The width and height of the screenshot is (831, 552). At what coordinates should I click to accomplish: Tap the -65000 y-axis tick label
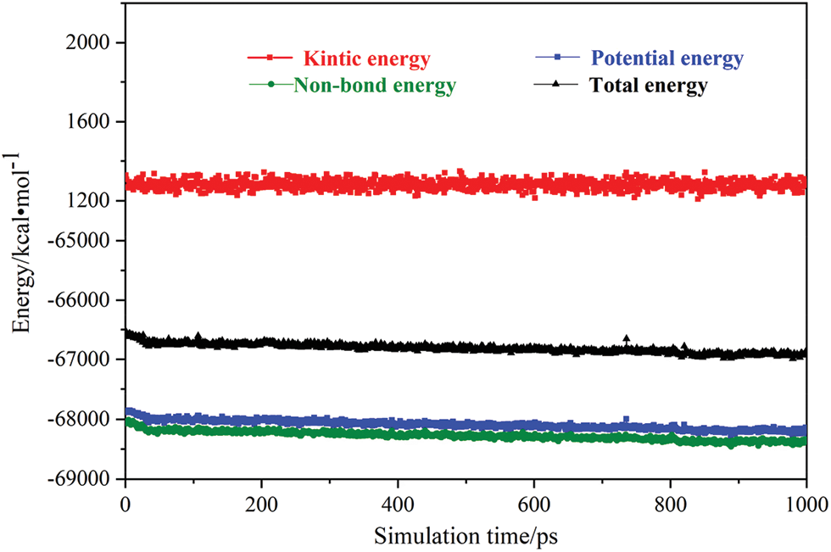coord(87,241)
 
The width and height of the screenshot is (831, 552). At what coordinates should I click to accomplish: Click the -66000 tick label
coord(87,300)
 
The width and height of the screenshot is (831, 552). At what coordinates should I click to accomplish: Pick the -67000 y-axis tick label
coord(87,360)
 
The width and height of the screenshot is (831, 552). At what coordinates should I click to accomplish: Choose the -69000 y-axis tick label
coord(87,479)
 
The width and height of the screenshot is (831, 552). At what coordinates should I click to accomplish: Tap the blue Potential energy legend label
coord(667,59)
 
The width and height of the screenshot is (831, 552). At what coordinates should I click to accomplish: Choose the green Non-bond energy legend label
coord(375,86)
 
